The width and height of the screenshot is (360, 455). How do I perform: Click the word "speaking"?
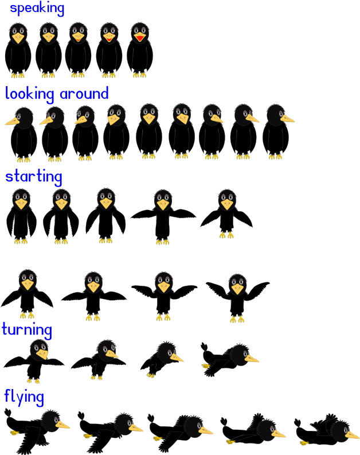pyautogui.click(x=37, y=9)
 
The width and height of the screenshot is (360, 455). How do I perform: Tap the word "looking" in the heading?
pyautogui.click(x=29, y=94)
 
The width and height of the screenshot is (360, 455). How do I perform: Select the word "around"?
pyautogui.click(x=84, y=94)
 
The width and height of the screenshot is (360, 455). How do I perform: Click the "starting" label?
pyautogui.click(x=34, y=177)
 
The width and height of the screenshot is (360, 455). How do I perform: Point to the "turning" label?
pyautogui.click(x=27, y=330)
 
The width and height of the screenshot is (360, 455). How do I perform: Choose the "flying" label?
pyautogui.click(x=24, y=397)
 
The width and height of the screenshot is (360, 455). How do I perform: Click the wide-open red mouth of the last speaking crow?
pyautogui.click(x=140, y=38)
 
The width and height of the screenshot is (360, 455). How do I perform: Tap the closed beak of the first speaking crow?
pyautogui.click(x=18, y=38)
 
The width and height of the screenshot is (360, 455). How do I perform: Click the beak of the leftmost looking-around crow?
pyautogui.click(x=12, y=122)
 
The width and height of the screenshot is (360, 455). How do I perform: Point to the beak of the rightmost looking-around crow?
pyautogui.click(x=287, y=118)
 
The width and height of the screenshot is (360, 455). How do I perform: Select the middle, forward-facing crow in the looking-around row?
pyautogui.click(x=149, y=131)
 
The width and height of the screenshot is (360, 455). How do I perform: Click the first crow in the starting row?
pyautogui.click(x=21, y=216)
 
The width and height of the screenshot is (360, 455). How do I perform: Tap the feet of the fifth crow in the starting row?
pyautogui.click(x=226, y=235)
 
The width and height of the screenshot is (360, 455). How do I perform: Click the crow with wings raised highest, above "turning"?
pyautogui.click(x=238, y=298)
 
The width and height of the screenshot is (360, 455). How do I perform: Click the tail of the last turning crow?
pyautogui.click(x=205, y=347)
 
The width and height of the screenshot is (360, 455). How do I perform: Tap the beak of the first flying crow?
pyautogui.click(x=62, y=425)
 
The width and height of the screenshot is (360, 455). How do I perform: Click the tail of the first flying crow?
pyautogui.click(x=8, y=414)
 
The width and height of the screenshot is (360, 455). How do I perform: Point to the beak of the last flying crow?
pyautogui.click(x=352, y=435)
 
